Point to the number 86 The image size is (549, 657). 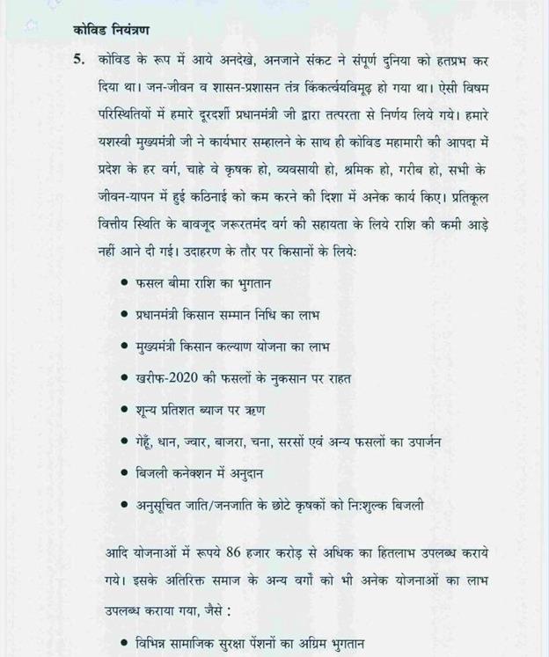(233, 554)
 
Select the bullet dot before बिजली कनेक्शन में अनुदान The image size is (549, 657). (125, 473)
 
